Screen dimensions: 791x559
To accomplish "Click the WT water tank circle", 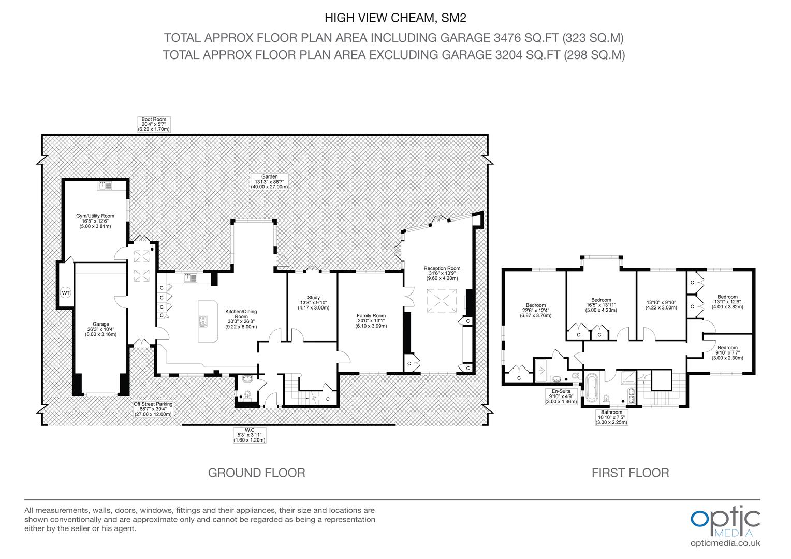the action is click(x=66, y=293).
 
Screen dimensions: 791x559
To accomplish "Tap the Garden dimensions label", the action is click(x=269, y=182).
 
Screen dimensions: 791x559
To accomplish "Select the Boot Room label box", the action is click(x=154, y=124).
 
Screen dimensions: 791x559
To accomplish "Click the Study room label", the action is click(x=314, y=303).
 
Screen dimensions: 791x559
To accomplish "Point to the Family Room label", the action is click(x=371, y=320).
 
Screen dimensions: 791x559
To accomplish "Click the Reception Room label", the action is click(x=442, y=273).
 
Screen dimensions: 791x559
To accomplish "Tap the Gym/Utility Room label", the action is click(x=95, y=221).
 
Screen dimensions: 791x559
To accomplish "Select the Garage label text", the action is click(x=100, y=329).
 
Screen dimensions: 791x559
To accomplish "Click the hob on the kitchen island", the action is click(x=203, y=321).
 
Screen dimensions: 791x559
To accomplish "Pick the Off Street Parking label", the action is click(x=153, y=409).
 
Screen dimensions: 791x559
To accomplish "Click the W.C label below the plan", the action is click(x=250, y=435).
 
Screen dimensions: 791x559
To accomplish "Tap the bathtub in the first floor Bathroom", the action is click(x=592, y=388).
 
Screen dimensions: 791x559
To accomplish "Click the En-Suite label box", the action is click(x=561, y=396).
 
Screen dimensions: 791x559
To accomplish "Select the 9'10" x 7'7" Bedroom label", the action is click(x=727, y=353).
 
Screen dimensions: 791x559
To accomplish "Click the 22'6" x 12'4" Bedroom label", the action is click(x=536, y=311).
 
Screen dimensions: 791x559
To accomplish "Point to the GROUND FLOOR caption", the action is click(x=257, y=473).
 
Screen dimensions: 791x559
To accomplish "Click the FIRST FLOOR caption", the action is click(x=631, y=473).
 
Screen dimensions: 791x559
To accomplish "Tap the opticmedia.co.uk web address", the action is click(x=725, y=543).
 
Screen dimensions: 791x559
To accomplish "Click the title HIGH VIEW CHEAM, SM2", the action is click(x=395, y=18).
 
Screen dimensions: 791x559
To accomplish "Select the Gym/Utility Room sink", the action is click(x=105, y=186).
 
